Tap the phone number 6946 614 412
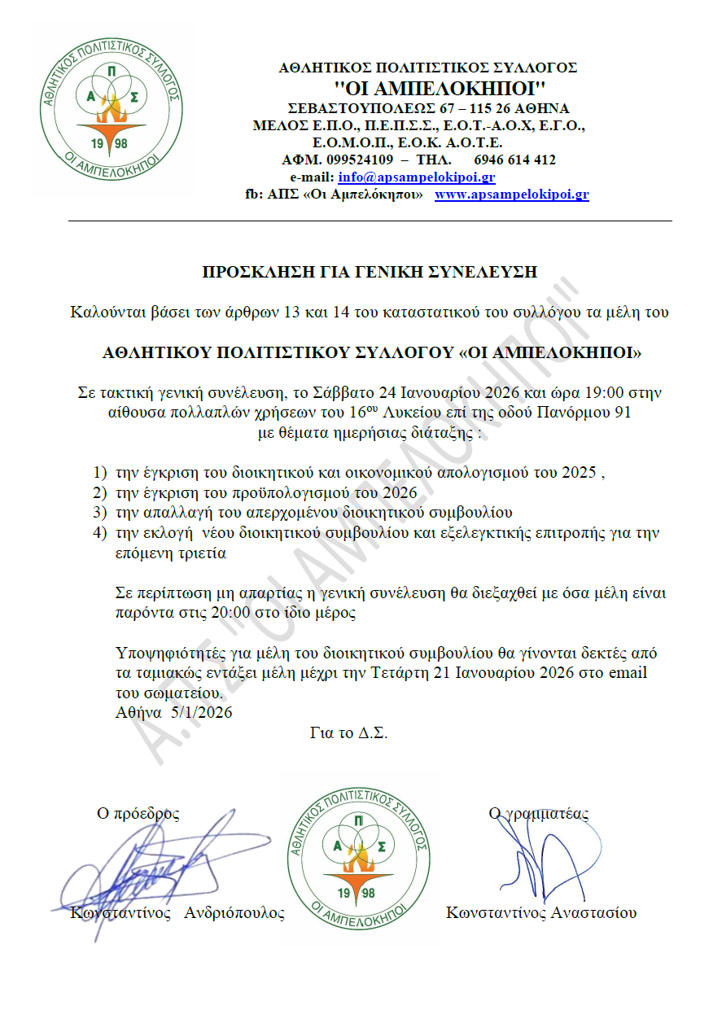pos(514,160)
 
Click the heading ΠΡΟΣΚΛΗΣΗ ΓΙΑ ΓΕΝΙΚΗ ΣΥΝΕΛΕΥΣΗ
pos(370,272)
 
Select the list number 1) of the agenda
pos(99,473)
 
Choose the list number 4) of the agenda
pos(99,534)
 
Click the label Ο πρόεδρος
pos(138,813)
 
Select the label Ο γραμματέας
pos(538,813)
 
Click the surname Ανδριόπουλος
pos(234,912)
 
